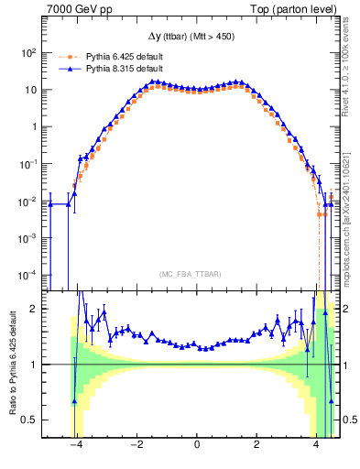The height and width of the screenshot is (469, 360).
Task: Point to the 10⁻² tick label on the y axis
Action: [x=27, y=201]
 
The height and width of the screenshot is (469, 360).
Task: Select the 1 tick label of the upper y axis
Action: [x=35, y=127]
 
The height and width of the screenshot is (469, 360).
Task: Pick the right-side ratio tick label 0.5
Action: [x=349, y=420]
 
